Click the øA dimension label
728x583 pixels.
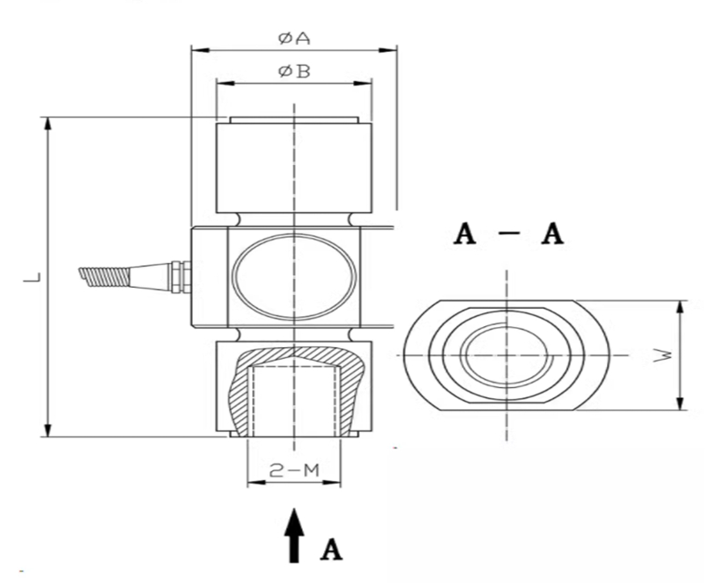293,38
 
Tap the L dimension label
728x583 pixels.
30,276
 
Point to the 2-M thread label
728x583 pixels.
293,470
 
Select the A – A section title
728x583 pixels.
509,234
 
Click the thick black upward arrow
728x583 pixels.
293,535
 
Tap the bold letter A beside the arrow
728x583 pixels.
331,550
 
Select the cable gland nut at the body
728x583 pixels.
179,276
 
